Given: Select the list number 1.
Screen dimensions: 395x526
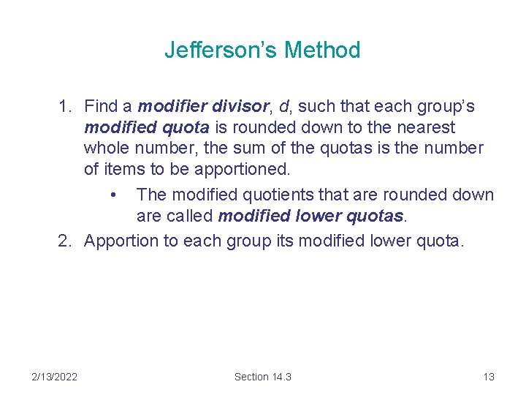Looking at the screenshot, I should (x=64, y=107).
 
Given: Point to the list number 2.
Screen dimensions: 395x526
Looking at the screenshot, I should (x=64, y=241).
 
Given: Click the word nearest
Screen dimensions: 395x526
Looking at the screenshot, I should (x=424, y=127).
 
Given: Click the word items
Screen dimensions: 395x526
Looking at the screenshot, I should (x=125, y=170).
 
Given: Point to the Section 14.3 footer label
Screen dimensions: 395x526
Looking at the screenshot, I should (x=262, y=377).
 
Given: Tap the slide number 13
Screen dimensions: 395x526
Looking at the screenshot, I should (x=489, y=377).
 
